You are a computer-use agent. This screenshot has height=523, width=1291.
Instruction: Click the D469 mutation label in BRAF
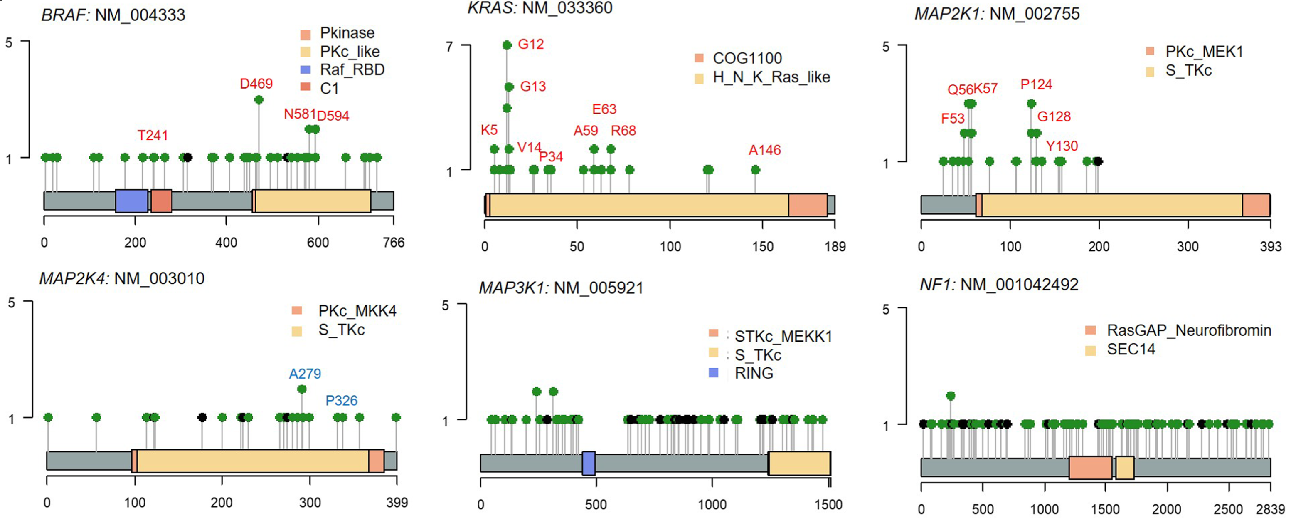click(x=256, y=84)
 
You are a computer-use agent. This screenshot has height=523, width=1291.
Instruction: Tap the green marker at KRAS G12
click(x=507, y=45)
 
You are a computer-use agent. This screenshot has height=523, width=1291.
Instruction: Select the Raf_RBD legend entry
click(x=352, y=70)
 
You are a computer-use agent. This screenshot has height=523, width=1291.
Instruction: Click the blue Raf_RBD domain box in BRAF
click(x=131, y=201)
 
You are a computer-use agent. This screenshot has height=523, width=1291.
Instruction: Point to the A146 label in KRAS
click(x=764, y=150)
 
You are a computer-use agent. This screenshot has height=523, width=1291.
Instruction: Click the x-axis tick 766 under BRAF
click(x=394, y=243)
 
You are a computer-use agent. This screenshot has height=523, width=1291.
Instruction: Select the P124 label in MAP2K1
click(x=1036, y=84)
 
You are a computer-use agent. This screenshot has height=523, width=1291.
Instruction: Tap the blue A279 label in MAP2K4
click(x=305, y=374)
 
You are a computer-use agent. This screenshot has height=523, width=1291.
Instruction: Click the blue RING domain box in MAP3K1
click(x=589, y=464)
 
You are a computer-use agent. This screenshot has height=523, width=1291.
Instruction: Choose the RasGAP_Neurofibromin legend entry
click(x=1188, y=330)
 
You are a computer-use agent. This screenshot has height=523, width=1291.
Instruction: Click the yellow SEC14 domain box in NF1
click(x=1125, y=468)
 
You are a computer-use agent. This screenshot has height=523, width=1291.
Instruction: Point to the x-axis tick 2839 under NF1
click(x=1270, y=509)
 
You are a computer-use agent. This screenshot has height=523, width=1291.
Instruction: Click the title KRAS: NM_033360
click(x=540, y=8)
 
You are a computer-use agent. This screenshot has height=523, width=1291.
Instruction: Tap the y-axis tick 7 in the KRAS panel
click(x=450, y=47)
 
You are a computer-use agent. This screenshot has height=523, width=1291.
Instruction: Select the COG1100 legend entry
click(x=747, y=58)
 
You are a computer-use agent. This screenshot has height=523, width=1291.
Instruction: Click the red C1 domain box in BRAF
click(x=161, y=201)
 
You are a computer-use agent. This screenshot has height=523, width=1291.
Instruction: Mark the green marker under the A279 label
click(x=302, y=389)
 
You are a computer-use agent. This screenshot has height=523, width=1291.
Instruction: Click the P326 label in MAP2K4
click(x=341, y=401)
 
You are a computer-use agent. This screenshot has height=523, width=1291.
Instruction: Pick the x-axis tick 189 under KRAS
click(x=835, y=247)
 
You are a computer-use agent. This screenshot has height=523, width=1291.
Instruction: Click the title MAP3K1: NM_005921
click(x=561, y=288)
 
